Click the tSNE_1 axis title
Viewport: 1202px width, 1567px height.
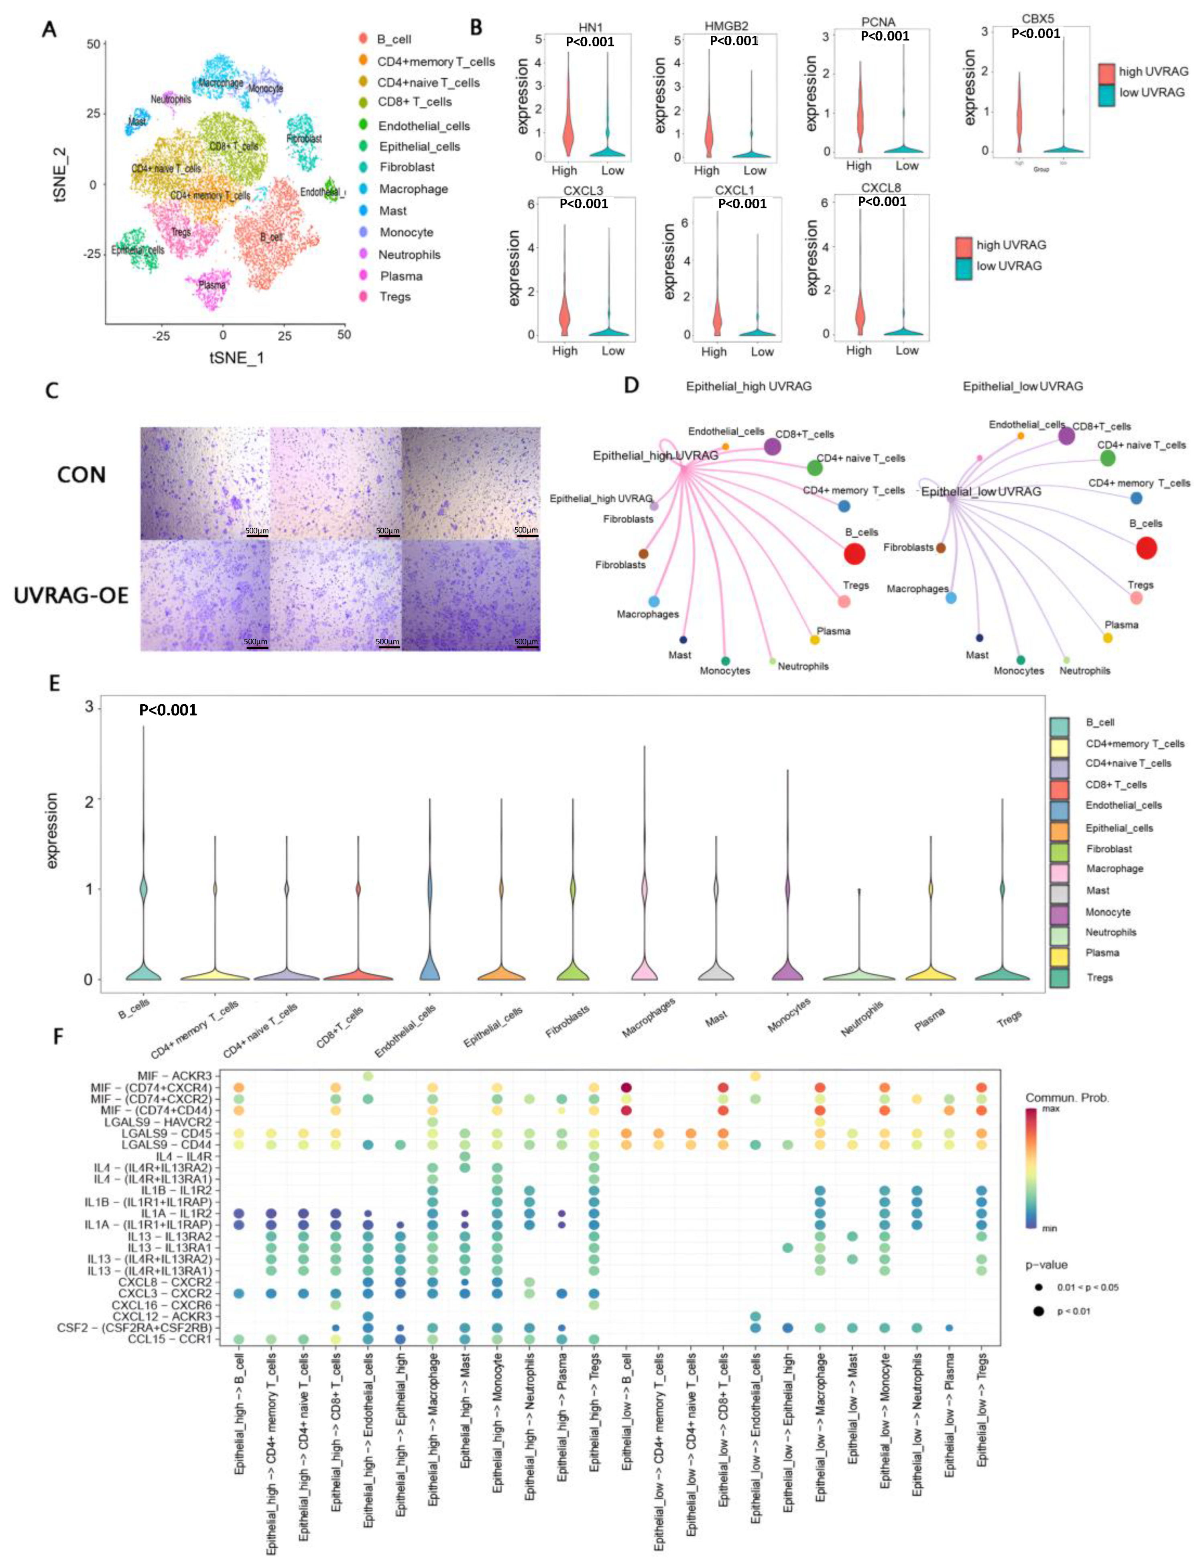tap(236, 357)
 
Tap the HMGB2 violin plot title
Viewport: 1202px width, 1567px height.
tap(726, 26)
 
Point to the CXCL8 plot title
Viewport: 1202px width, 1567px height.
tap(881, 188)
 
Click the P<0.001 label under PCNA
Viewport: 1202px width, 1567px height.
tap(884, 36)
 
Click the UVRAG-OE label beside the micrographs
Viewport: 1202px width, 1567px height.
tap(71, 595)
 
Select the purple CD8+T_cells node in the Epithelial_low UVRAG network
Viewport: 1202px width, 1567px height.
tap(1066, 435)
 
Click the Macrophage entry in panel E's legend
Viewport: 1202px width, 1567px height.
tap(1114, 868)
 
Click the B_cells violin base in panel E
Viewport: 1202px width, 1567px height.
tap(143, 972)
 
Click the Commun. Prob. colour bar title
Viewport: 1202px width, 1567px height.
tap(1067, 1097)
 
